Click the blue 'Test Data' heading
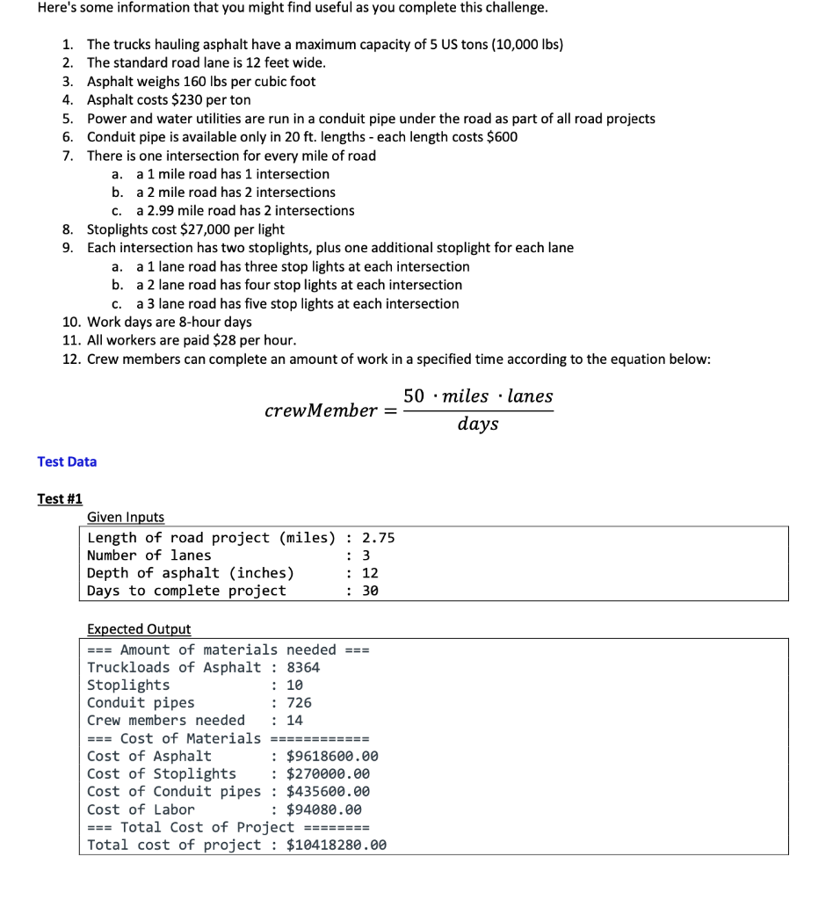pyautogui.click(x=67, y=461)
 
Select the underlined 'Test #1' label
pyautogui.click(x=60, y=498)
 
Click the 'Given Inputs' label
pyautogui.click(x=126, y=518)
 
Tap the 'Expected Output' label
pyautogui.click(x=139, y=629)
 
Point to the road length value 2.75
pyautogui.click(x=379, y=538)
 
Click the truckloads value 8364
pyautogui.click(x=303, y=667)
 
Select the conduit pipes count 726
pyautogui.click(x=299, y=702)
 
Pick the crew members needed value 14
pyautogui.click(x=294, y=720)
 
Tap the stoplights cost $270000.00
pyautogui.click(x=328, y=773)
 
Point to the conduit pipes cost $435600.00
pyautogui.click(x=328, y=791)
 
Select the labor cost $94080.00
pyautogui.click(x=323, y=809)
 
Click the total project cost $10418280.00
pyautogui.click(x=337, y=845)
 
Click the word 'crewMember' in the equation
pyautogui.click(x=321, y=410)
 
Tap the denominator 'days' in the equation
pyautogui.click(x=478, y=425)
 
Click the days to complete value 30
pyautogui.click(x=371, y=591)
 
